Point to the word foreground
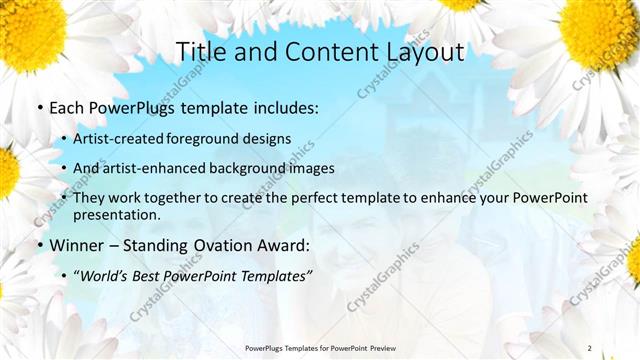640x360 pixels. [213, 138]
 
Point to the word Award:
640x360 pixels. [284, 245]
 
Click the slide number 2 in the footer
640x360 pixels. [589, 348]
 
